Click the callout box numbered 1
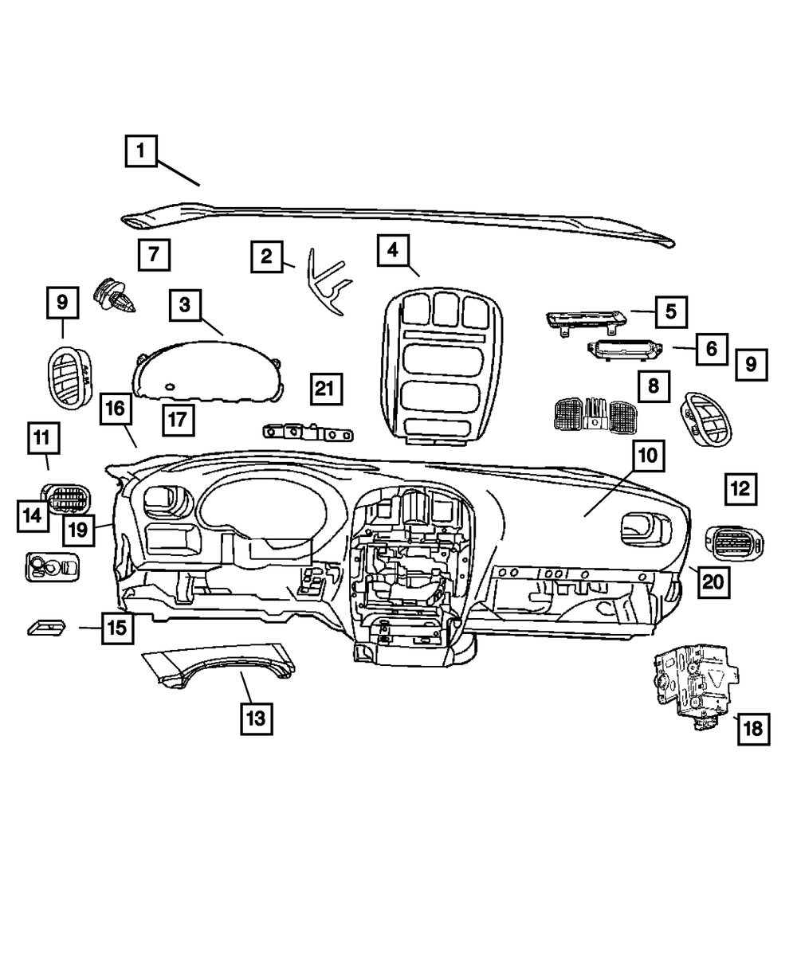click(140, 150)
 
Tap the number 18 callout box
click(753, 728)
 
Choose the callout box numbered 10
click(646, 456)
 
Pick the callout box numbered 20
click(713, 581)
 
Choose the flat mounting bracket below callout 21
click(307, 433)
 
